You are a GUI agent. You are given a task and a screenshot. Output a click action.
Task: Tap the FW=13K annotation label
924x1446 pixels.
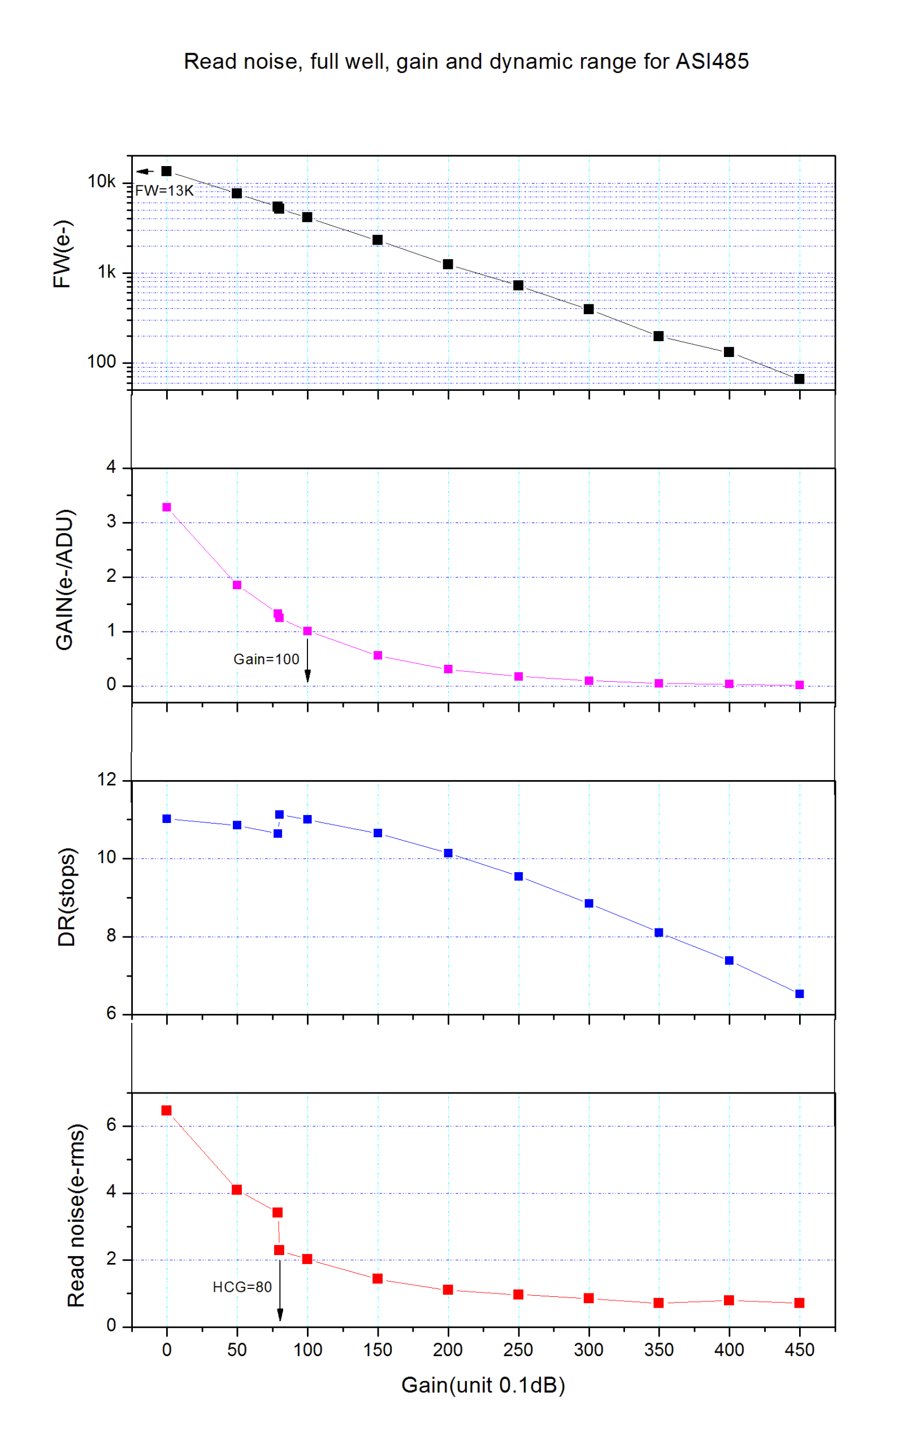click(x=164, y=191)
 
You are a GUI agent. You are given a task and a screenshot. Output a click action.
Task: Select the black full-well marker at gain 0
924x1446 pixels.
click(x=166, y=171)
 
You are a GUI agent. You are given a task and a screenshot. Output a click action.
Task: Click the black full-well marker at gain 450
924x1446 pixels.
click(x=799, y=379)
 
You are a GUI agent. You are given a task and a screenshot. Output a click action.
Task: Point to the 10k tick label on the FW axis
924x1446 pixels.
click(x=102, y=181)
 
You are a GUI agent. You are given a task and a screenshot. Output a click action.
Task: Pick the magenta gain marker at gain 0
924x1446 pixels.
click(x=166, y=507)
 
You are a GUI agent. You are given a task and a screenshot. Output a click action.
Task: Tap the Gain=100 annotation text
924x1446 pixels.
click(x=266, y=659)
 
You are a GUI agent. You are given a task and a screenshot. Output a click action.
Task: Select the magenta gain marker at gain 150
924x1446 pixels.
click(x=378, y=656)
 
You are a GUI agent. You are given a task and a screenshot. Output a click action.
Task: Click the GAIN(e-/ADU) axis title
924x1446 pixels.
click(x=64, y=580)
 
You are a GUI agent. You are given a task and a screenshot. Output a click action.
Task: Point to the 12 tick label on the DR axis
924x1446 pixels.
click(x=107, y=780)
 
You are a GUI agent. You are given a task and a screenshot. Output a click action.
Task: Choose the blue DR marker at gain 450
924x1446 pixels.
click(x=799, y=994)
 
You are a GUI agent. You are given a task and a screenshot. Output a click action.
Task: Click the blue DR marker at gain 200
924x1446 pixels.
click(x=448, y=853)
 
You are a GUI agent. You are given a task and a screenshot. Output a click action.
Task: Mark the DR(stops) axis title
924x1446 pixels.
click(x=66, y=897)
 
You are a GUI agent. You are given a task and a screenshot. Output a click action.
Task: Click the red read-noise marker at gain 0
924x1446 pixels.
click(x=166, y=1110)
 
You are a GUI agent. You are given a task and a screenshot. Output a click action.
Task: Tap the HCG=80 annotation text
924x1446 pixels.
click(x=242, y=1287)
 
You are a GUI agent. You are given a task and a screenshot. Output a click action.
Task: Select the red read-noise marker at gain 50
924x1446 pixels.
click(x=237, y=1190)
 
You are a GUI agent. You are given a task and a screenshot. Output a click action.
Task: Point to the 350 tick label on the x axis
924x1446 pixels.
click(x=658, y=1350)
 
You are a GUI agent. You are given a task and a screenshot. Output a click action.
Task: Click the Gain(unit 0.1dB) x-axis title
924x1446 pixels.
click(x=483, y=1386)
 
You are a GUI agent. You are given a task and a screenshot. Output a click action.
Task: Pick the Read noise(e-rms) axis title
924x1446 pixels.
click(x=76, y=1216)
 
